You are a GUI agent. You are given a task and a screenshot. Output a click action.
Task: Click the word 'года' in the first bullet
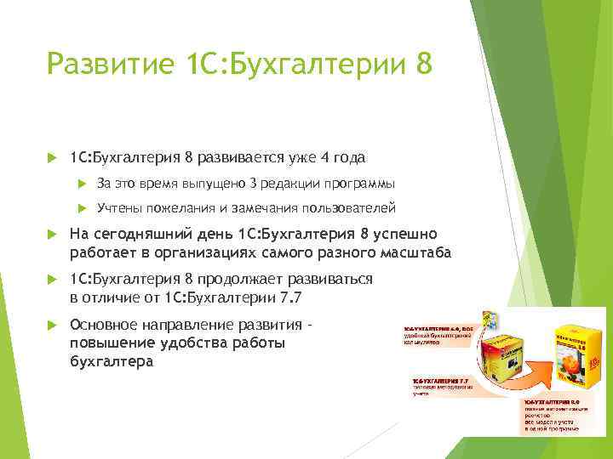(350, 157)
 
